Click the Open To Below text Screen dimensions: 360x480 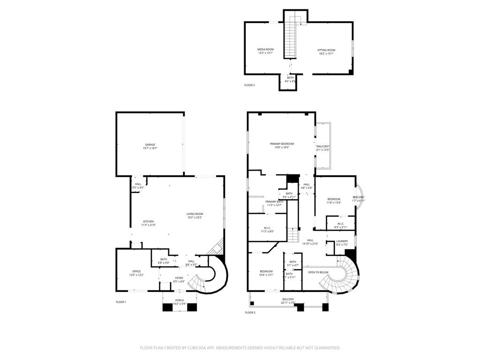(x=318, y=272)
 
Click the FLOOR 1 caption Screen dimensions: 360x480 (x=121, y=302)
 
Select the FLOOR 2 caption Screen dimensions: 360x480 (x=250, y=312)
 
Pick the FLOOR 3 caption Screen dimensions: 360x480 (x=249, y=85)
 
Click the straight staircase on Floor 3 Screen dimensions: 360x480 (x=291, y=37)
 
